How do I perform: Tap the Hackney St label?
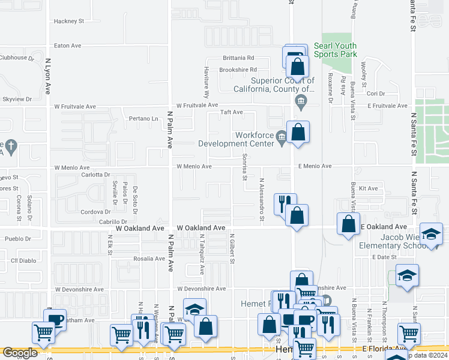[68, 21]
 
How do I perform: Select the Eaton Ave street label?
[67, 45]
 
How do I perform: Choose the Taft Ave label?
[231, 112]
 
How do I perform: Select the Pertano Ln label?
[146, 119]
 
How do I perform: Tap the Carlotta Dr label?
[95, 175]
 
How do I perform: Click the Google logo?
[20, 353]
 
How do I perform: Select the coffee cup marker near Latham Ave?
[55, 319]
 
